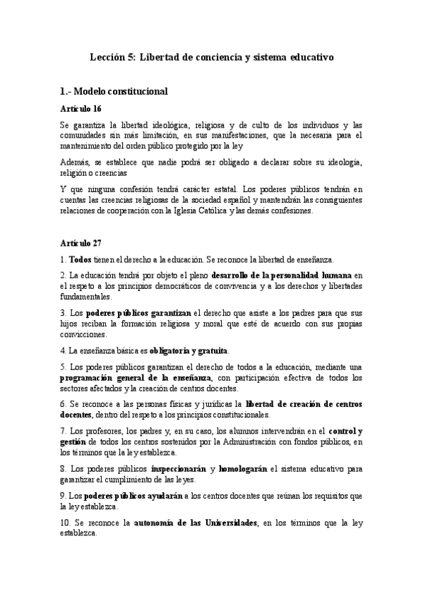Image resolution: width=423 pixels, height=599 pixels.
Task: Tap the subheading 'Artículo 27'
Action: pos(81,242)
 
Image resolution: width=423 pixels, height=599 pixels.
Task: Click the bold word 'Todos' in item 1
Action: pos(81,260)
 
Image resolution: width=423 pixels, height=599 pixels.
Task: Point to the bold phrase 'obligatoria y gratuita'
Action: pos(189,350)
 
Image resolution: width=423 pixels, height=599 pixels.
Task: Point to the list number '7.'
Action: pos(63,431)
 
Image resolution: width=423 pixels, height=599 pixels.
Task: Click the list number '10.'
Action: pos(66,521)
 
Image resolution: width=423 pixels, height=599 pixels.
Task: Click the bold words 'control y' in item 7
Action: pos(346,431)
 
